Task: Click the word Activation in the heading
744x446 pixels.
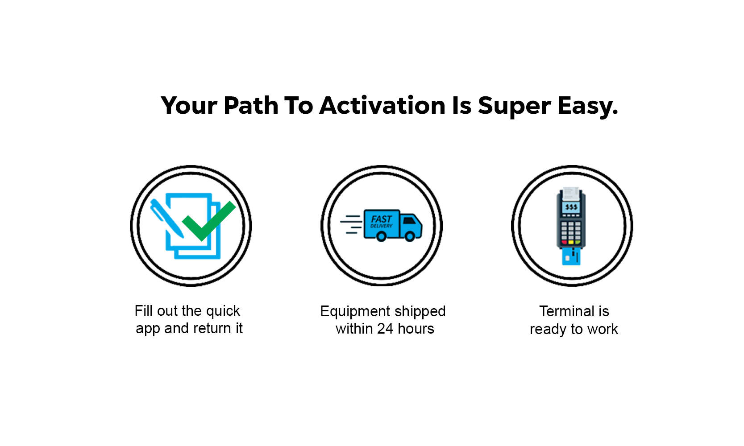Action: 382,106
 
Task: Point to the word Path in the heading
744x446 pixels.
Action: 251,106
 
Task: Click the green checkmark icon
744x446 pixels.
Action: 209,220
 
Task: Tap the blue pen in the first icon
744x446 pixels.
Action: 167,218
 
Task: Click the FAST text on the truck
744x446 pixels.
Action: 382,219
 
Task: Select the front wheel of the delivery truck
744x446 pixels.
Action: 410,236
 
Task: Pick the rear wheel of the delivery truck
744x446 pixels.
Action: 381,236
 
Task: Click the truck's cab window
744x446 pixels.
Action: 409,220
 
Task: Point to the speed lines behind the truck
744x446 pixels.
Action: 351,224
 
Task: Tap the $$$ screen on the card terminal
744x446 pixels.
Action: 571,207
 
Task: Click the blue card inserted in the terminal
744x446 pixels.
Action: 571,257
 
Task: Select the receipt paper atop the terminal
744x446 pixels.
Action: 571,194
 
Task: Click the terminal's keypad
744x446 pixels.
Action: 571,233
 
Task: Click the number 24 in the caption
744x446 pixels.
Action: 385,329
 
